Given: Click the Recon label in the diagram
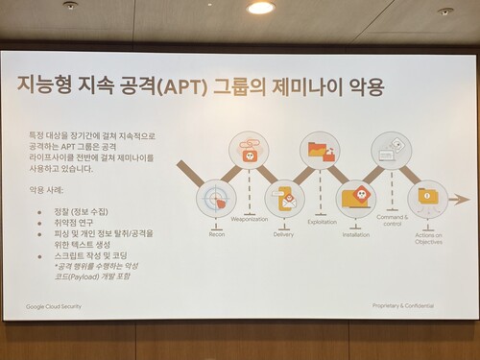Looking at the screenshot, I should point(217,232).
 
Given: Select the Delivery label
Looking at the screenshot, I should point(283,232).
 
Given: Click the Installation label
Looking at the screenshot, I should point(355,232).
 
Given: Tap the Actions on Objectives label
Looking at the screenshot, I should point(428,239).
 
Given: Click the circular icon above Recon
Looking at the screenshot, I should point(216,200).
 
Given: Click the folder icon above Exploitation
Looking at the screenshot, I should point(319,151).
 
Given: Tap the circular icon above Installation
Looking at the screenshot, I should point(356,199).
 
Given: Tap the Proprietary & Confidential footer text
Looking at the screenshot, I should point(403,305).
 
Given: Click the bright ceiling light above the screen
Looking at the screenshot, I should point(260,8).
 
